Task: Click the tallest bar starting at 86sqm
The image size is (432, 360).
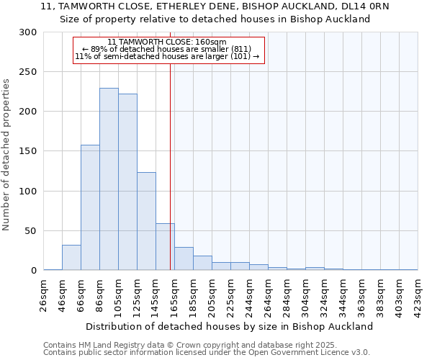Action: point(109,179)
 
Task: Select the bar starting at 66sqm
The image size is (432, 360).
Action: point(90,207)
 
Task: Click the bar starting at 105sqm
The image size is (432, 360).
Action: point(127,182)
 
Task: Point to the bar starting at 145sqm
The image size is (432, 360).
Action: point(165,247)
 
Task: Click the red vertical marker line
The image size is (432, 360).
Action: point(170,158)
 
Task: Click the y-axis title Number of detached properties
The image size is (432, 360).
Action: point(6,155)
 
